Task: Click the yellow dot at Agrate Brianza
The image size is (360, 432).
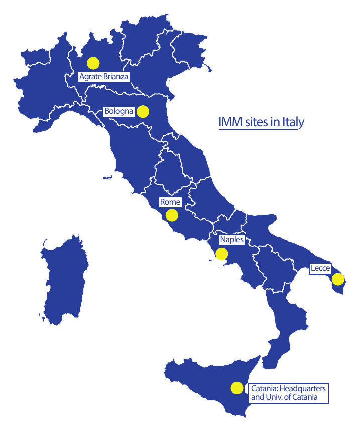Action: coord(93,63)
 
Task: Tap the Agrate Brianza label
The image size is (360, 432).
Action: coord(104,77)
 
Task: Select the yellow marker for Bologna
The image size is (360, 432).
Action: coord(143,111)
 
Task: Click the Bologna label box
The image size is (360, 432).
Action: coord(119,111)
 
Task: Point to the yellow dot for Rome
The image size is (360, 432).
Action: coord(172,215)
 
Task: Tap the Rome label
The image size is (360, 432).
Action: coord(170,202)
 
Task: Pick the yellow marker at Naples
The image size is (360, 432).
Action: coord(221,254)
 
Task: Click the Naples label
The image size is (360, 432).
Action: coord(231,240)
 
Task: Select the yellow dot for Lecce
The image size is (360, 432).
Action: coord(338,279)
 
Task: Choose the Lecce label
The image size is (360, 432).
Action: coord(320,269)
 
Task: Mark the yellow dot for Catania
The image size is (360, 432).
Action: coord(236,388)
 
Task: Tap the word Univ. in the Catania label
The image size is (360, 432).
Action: coord(275,397)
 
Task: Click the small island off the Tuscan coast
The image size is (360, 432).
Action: coord(106,177)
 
